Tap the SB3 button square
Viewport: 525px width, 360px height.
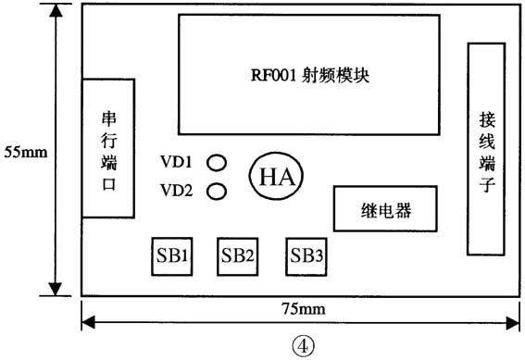[306, 255]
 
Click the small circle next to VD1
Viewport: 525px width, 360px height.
[217, 164]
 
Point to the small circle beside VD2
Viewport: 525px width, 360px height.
[217, 192]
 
